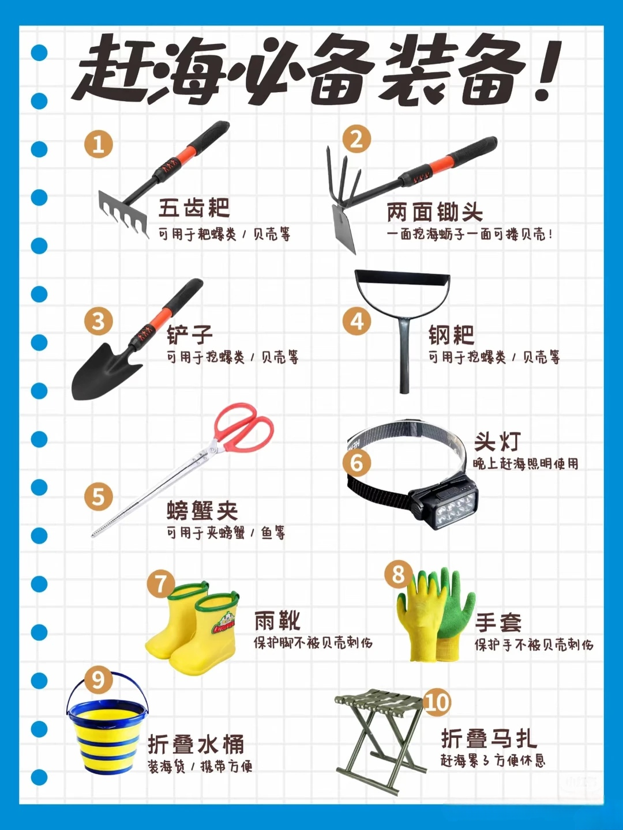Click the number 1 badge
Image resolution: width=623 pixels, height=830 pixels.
(x=98, y=145)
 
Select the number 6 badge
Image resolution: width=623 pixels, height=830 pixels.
(x=356, y=463)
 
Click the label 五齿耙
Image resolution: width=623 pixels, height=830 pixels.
(x=194, y=208)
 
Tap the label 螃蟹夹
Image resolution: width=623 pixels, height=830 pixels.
(x=202, y=511)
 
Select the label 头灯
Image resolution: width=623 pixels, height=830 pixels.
(x=497, y=442)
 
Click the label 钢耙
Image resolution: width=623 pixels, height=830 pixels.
(x=451, y=335)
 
